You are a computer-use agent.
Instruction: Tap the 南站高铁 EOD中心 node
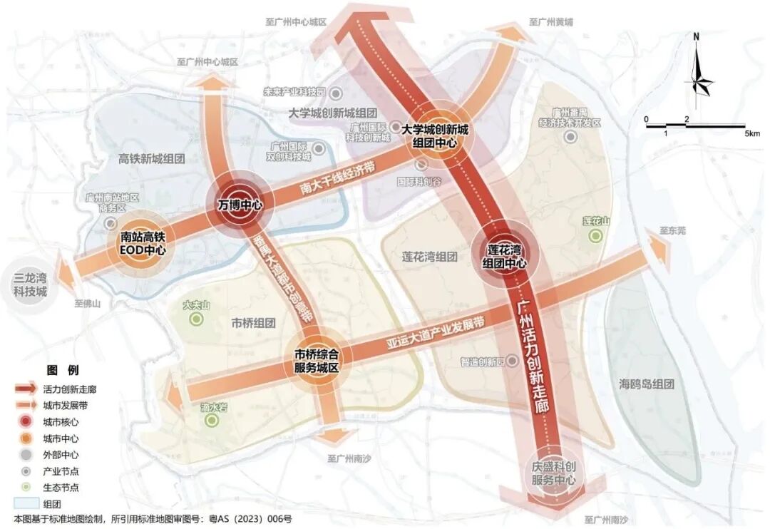[143, 244]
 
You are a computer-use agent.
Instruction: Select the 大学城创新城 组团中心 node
[434, 136]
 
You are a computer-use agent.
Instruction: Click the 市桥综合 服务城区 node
[317, 361]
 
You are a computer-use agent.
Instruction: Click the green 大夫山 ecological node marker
[197, 319]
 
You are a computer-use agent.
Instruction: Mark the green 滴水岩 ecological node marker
[212, 421]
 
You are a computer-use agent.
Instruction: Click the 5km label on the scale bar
[751, 133]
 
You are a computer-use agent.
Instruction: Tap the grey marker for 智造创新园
[511, 361]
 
